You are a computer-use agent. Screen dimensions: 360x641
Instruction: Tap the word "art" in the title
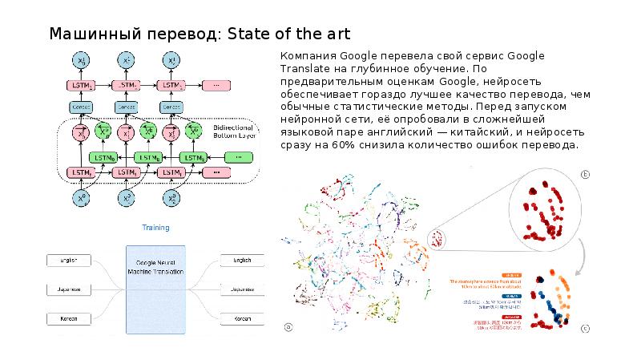click(334, 34)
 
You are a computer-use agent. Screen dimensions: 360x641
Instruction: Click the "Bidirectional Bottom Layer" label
click(235, 131)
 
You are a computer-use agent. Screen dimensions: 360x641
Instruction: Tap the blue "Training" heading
click(155, 229)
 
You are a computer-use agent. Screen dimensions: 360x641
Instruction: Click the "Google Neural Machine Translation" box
click(156, 286)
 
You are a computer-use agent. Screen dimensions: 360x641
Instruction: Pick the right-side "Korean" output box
click(242, 319)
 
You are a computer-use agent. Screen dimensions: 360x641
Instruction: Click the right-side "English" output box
click(242, 261)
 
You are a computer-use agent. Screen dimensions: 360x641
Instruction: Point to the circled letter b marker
click(586, 173)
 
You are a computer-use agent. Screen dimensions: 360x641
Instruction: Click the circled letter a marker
click(288, 325)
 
